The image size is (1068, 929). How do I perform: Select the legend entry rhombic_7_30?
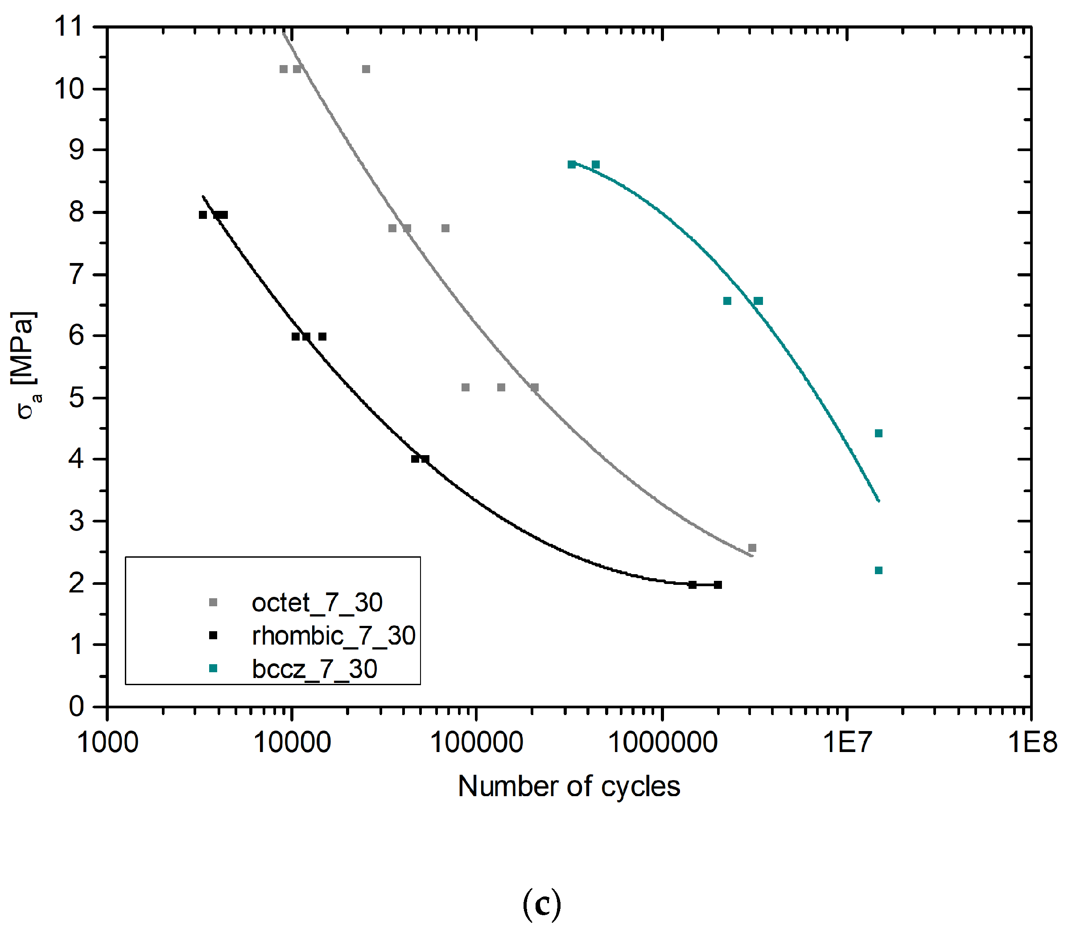[x=333, y=636]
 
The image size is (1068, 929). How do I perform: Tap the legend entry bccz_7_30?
[x=314, y=669]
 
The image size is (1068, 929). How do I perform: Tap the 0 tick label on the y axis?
[x=76, y=706]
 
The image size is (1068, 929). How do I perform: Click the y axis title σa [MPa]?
[x=25, y=366]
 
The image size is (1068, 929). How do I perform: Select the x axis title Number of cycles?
[x=569, y=787]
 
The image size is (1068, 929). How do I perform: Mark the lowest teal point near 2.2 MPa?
[x=878, y=571]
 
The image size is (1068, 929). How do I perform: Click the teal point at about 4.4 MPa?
[x=878, y=433]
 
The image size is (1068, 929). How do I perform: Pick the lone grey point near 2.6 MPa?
[x=752, y=548]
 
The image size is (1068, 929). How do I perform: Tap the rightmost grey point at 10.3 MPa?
[x=366, y=70]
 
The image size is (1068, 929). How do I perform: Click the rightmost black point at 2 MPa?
[x=718, y=585]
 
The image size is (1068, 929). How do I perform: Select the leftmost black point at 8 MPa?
[x=203, y=214]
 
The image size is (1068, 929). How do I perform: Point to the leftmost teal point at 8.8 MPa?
[x=572, y=164]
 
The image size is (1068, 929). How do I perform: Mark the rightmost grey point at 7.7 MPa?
[x=445, y=229]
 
